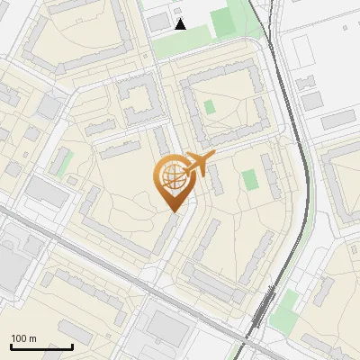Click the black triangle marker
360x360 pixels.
tap(181, 24)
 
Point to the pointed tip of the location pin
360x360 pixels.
tap(172, 212)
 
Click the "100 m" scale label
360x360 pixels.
tap(23, 338)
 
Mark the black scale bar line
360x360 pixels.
tap(41, 346)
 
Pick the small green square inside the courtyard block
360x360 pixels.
tap(210, 107)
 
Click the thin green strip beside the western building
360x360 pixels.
tap(63, 162)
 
